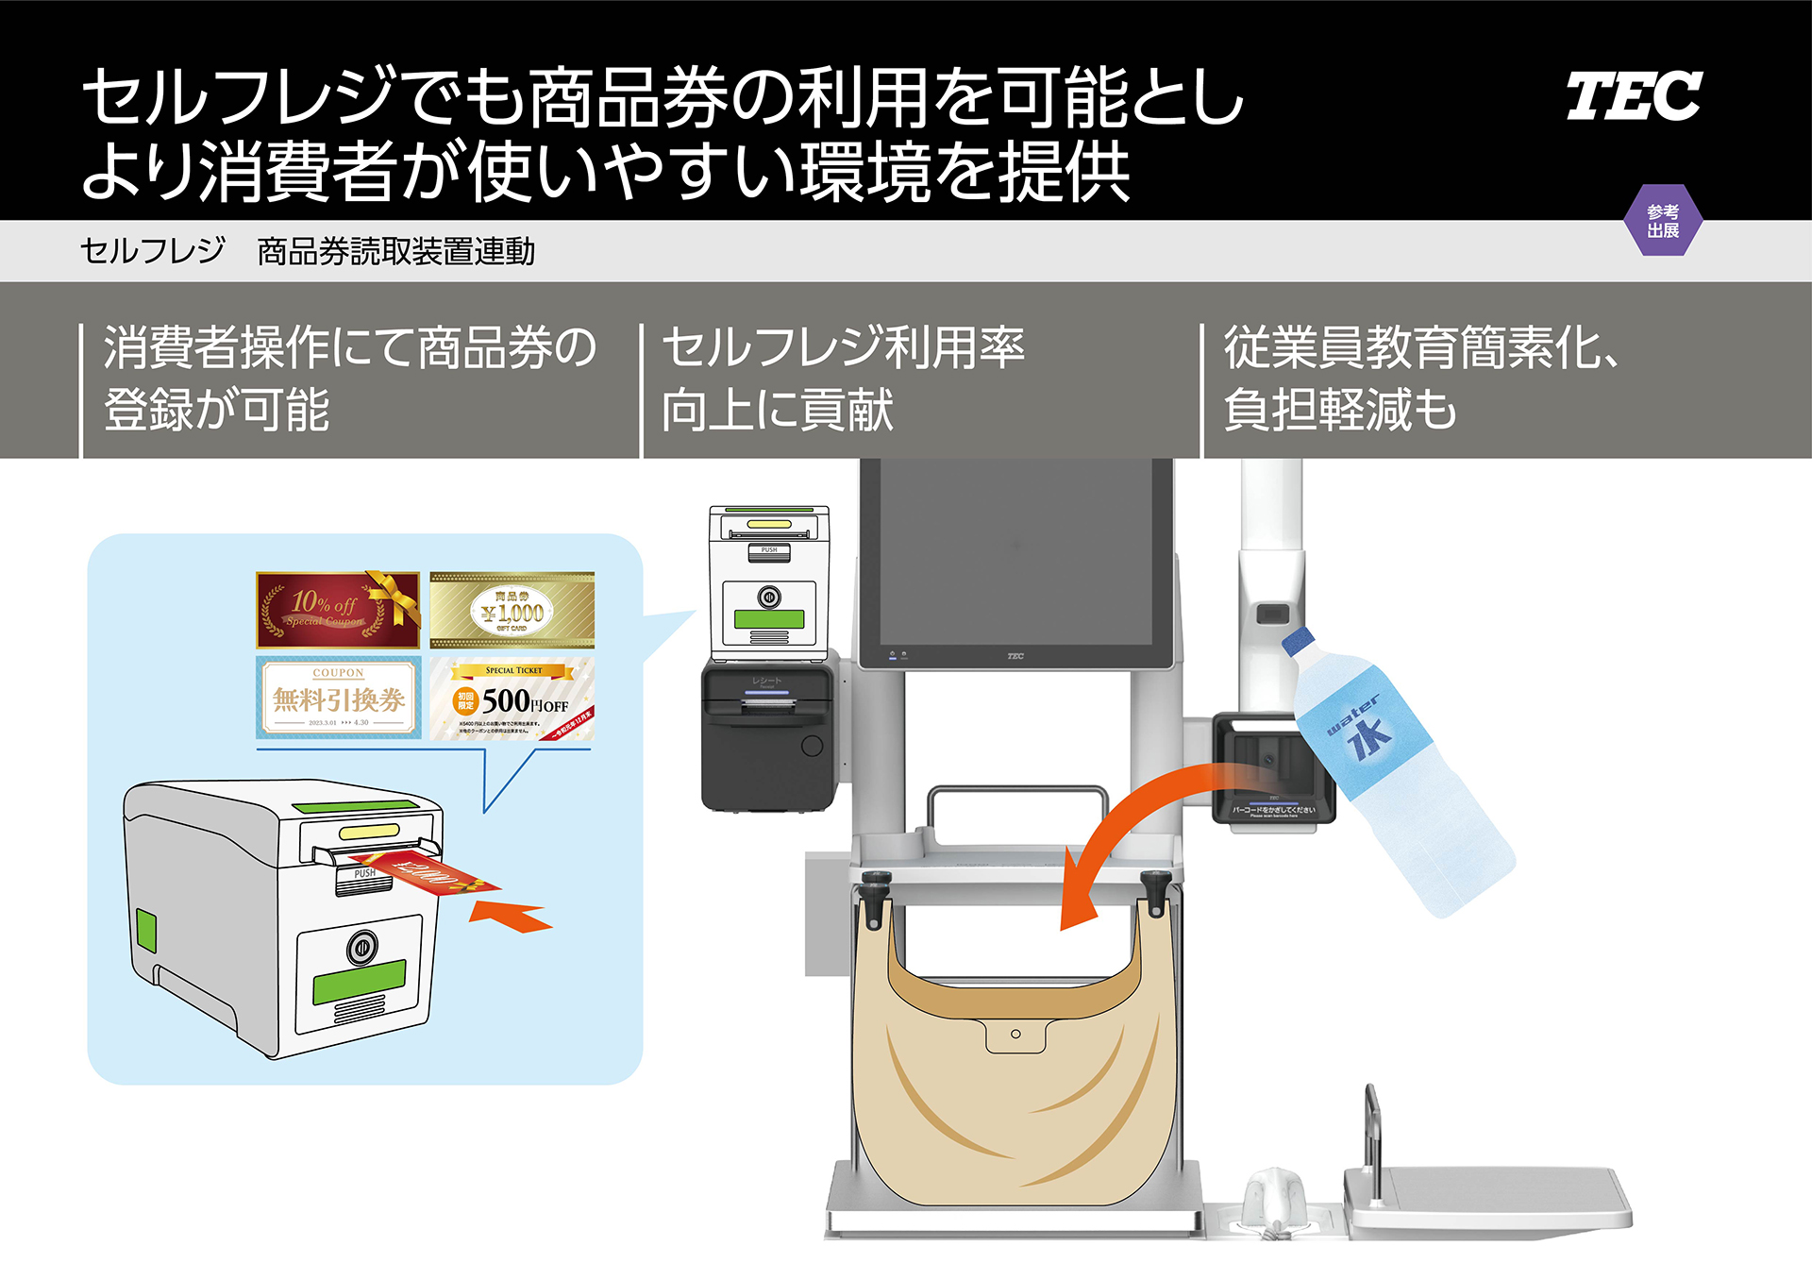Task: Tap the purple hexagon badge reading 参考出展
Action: [x=1663, y=221]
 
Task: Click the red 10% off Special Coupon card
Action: [x=337, y=609]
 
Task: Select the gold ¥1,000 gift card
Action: [x=512, y=610]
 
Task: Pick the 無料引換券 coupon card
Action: [x=338, y=699]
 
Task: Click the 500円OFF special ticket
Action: [x=512, y=699]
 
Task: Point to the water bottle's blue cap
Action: [x=1298, y=641]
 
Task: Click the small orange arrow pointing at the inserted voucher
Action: [x=510, y=916]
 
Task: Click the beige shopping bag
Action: [x=1015, y=1086]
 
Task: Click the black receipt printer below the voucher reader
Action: [x=769, y=736]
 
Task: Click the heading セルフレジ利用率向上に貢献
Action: [x=843, y=378]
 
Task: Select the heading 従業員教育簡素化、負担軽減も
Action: [x=1420, y=378]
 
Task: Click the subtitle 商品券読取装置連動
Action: [x=395, y=251]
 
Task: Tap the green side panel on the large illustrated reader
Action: [x=146, y=930]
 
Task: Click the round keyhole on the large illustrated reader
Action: [x=361, y=947]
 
